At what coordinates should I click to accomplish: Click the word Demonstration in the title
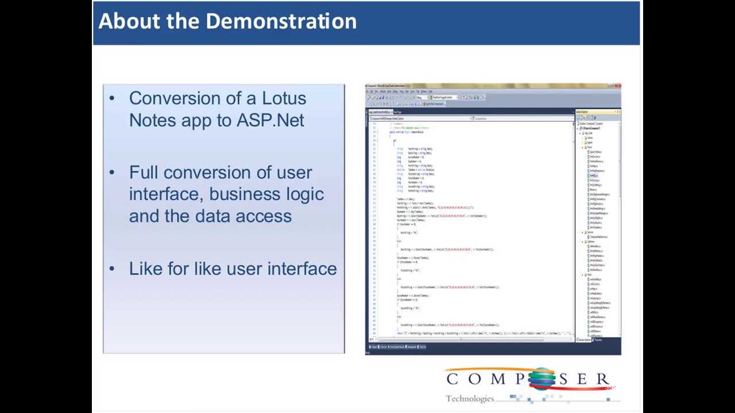(281, 21)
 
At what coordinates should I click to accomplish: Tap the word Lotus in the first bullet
(284, 98)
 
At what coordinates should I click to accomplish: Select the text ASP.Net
(270, 120)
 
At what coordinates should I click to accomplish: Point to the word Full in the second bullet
(144, 173)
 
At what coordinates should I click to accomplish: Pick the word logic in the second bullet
(305, 194)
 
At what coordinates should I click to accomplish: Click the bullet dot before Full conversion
(112, 173)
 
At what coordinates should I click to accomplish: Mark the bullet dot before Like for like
(112, 268)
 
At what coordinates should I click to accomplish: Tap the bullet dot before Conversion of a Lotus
(112, 98)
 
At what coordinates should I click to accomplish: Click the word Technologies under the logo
(470, 399)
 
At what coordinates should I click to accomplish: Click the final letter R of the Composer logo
(602, 379)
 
